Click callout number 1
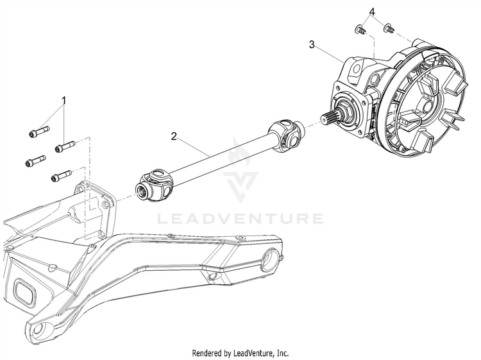click(x=64, y=100)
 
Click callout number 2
click(x=173, y=136)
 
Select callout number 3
click(x=312, y=44)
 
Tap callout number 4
click(x=371, y=12)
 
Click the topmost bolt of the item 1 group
click(x=37, y=133)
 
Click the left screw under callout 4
click(x=360, y=29)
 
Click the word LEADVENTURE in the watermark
click(x=240, y=219)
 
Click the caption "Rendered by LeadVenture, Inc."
click(x=240, y=353)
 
